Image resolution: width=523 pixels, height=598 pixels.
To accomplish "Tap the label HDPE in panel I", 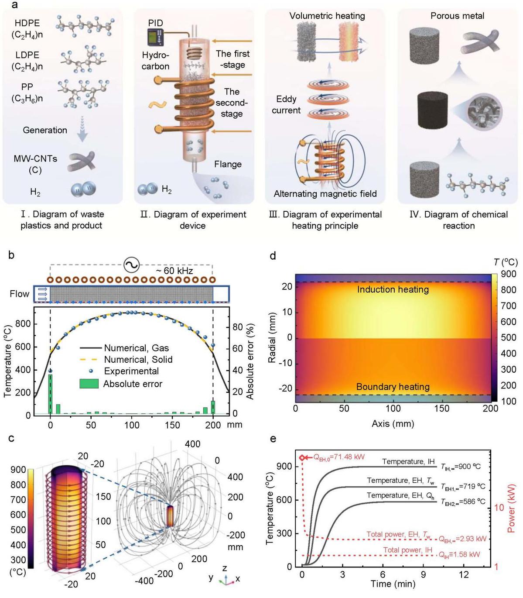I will [x=27, y=23].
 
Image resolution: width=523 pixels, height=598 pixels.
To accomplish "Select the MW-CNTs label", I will [x=35, y=158].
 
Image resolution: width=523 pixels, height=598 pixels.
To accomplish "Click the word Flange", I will [x=228, y=164].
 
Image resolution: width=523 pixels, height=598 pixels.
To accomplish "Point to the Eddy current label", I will [x=286, y=105].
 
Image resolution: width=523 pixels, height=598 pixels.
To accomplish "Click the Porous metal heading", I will [x=457, y=16].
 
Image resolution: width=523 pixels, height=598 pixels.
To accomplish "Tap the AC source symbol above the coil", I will [x=131, y=265].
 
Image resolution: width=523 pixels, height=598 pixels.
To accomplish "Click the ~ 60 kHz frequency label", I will [x=174, y=271].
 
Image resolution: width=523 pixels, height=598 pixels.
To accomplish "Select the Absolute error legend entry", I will [x=133, y=384].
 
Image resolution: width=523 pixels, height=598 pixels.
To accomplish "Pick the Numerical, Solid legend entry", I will [x=138, y=360].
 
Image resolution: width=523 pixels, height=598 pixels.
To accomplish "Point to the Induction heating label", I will [x=393, y=289].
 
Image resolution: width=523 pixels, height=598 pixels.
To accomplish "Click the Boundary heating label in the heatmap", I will [x=393, y=387].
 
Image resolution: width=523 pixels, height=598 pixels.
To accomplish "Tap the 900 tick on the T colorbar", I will [x=508, y=274].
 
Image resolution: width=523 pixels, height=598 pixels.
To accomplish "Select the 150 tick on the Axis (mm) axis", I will [x=442, y=409].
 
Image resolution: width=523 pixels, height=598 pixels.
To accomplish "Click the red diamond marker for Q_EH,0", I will [x=302, y=457].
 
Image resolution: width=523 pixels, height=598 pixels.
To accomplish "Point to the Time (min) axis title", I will [x=393, y=584].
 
